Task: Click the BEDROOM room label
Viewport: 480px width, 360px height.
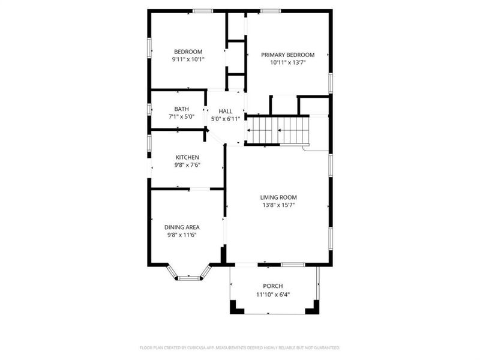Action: click(188, 52)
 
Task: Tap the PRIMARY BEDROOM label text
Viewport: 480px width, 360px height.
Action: click(288, 55)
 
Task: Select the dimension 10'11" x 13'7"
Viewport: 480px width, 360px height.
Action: click(288, 62)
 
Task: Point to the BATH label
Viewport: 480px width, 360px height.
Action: click(182, 109)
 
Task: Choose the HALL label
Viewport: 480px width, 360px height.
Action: click(226, 111)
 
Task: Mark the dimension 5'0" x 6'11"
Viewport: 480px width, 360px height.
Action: click(226, 119)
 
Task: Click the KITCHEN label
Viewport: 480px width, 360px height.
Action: click(187, 157)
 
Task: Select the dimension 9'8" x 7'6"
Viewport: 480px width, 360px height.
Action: click(187, 165)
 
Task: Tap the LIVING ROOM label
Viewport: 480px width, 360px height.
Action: click(278, 197)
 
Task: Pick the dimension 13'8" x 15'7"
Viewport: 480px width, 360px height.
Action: click(278, 205)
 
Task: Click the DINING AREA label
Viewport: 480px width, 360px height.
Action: click(182, 227)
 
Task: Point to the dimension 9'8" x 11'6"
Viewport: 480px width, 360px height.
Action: click(182, 235)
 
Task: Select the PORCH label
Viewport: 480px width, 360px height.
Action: click(273, 286)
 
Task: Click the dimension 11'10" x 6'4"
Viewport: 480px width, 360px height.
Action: click(273, 293)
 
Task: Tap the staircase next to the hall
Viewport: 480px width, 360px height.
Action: click(278, 130)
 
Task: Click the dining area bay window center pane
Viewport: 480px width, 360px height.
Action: click(189, 277)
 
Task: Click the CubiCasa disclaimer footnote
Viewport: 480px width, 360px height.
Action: click(240, 347)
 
